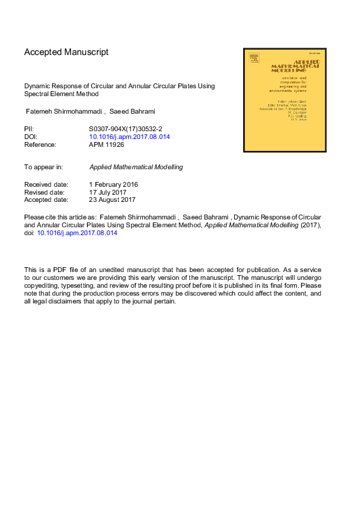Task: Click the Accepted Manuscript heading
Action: pyautogui.click(x=67, y=52)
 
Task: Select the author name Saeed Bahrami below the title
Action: pyautogui.click(x=133, y=111)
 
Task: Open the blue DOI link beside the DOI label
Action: pyautogui.click(x=129, y=137)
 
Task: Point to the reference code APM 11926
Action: pyautogui.click(x=106, y=144)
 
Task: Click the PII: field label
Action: pyautogui.click(x=29, y=129)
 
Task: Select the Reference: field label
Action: pyautogui.click(x=40, y=144)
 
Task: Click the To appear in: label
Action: pyautogui.click(x=44, y=167)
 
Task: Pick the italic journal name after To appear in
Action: pyautogui.click(x=136, y=167)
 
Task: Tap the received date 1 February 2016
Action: pyautogui.click(x=114, y=184)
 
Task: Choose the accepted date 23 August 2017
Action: pyautogui.click(x=113, y=199)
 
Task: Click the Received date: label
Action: pyautogui.click(x=46, y=184)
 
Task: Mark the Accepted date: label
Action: pyautogui.click(x=46, y=199)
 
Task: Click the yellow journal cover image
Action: pyautogui.click(x=284, y=100)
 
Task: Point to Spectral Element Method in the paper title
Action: pyautogui.click(x=61, y=94)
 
